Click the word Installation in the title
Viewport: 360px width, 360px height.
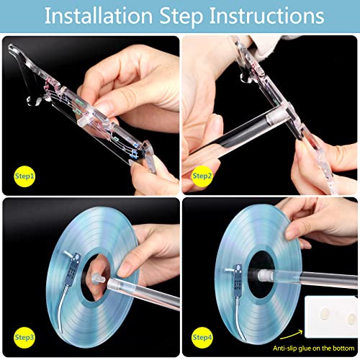[x=99, y=16]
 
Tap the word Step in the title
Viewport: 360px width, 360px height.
[x=181, y=17]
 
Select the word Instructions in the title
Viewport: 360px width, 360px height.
[x=266, y=16]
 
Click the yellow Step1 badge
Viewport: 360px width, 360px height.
[x=24, y=176]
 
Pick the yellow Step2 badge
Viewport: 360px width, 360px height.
[x=202, y=176]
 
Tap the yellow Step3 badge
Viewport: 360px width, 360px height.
[x=24, y=338]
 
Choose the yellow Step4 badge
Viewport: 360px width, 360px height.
[x=202, y=338]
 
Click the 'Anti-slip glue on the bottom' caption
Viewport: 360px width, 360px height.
[x=313, y=348]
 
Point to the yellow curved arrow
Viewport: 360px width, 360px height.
[x=292, y=335]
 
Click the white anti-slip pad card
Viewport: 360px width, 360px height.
[x=331, y=317]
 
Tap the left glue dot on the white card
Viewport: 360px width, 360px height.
[x=325, y=314]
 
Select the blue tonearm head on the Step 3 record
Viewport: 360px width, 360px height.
[x=74, y=266]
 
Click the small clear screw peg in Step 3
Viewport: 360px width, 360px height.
[x=98, y=279]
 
